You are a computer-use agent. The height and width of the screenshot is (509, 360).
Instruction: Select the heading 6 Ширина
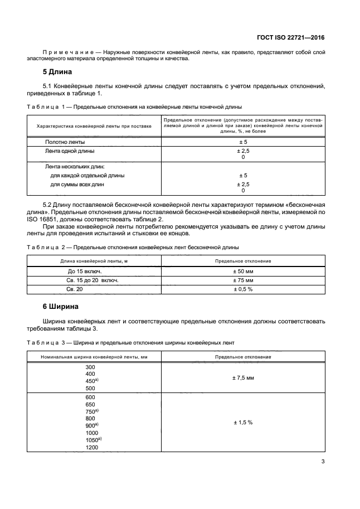pyautogui.click(x=61, y=307)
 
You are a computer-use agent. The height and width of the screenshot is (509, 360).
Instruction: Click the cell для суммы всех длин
pyautogui.click(x=77, y=184)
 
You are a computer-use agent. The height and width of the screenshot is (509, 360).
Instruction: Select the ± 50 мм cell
pyautogui.click(x=242, y=270)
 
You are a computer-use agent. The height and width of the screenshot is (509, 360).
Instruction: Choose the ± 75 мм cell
pyautogui.click(x=242, y=280)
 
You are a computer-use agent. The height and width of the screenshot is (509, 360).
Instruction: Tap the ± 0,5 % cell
pyautogui.click(x=242, y=289)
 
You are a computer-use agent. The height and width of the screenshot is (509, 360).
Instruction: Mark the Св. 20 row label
pyautogui.click(x=74, y=289)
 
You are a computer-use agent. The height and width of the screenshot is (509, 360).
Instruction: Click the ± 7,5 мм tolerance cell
pyautogui.click(x=242, y=377)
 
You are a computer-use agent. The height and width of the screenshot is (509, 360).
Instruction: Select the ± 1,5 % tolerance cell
pyautogui.click(x=242, y=422)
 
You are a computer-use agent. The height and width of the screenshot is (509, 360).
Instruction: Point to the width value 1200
pyautogui.click(x=91, y=448)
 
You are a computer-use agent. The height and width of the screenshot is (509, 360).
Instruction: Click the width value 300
pyautogui.click(x=90, y=367)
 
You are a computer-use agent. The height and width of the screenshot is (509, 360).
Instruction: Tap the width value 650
pyautogui.click(x=90, y=404)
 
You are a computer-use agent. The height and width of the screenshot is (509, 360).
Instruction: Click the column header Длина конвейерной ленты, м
pyautogui.click(x=94, y=261)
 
